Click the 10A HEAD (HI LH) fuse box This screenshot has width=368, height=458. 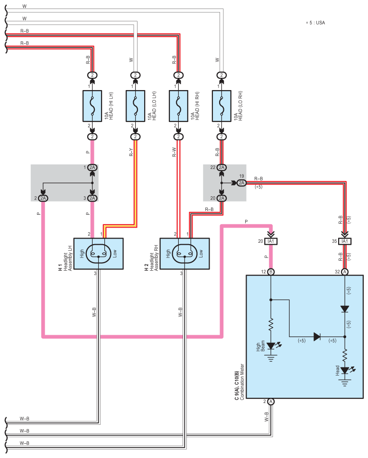tap(92, 106)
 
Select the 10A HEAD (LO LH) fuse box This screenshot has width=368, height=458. tap(135, 106)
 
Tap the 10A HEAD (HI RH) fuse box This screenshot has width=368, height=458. tap(178, 106)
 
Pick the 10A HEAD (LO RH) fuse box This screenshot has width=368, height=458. tap(221, 106)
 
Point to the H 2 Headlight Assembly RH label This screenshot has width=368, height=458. tap(151, 258)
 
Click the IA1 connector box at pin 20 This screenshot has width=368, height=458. tap(271, 241)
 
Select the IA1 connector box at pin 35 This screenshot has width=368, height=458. tap(345, 241)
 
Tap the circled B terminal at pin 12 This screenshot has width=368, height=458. tap(271, 272)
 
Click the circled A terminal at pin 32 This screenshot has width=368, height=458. tap(345, 272)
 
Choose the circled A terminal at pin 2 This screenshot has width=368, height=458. tap(271, 402)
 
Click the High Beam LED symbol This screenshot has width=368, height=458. tap(272, 346)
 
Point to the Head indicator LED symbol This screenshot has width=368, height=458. tap(346, 371)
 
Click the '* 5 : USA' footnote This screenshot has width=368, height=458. tap(315, 23)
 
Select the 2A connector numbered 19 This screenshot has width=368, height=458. tap(241, 183)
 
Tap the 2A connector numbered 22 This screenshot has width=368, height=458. tap(221, 167)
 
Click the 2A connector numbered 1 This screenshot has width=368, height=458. tap(92, 167)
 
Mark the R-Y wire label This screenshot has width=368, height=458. tap(131, 152)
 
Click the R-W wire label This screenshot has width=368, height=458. tap(174, 152)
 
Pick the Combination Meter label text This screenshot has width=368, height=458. tap(242, 382)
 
